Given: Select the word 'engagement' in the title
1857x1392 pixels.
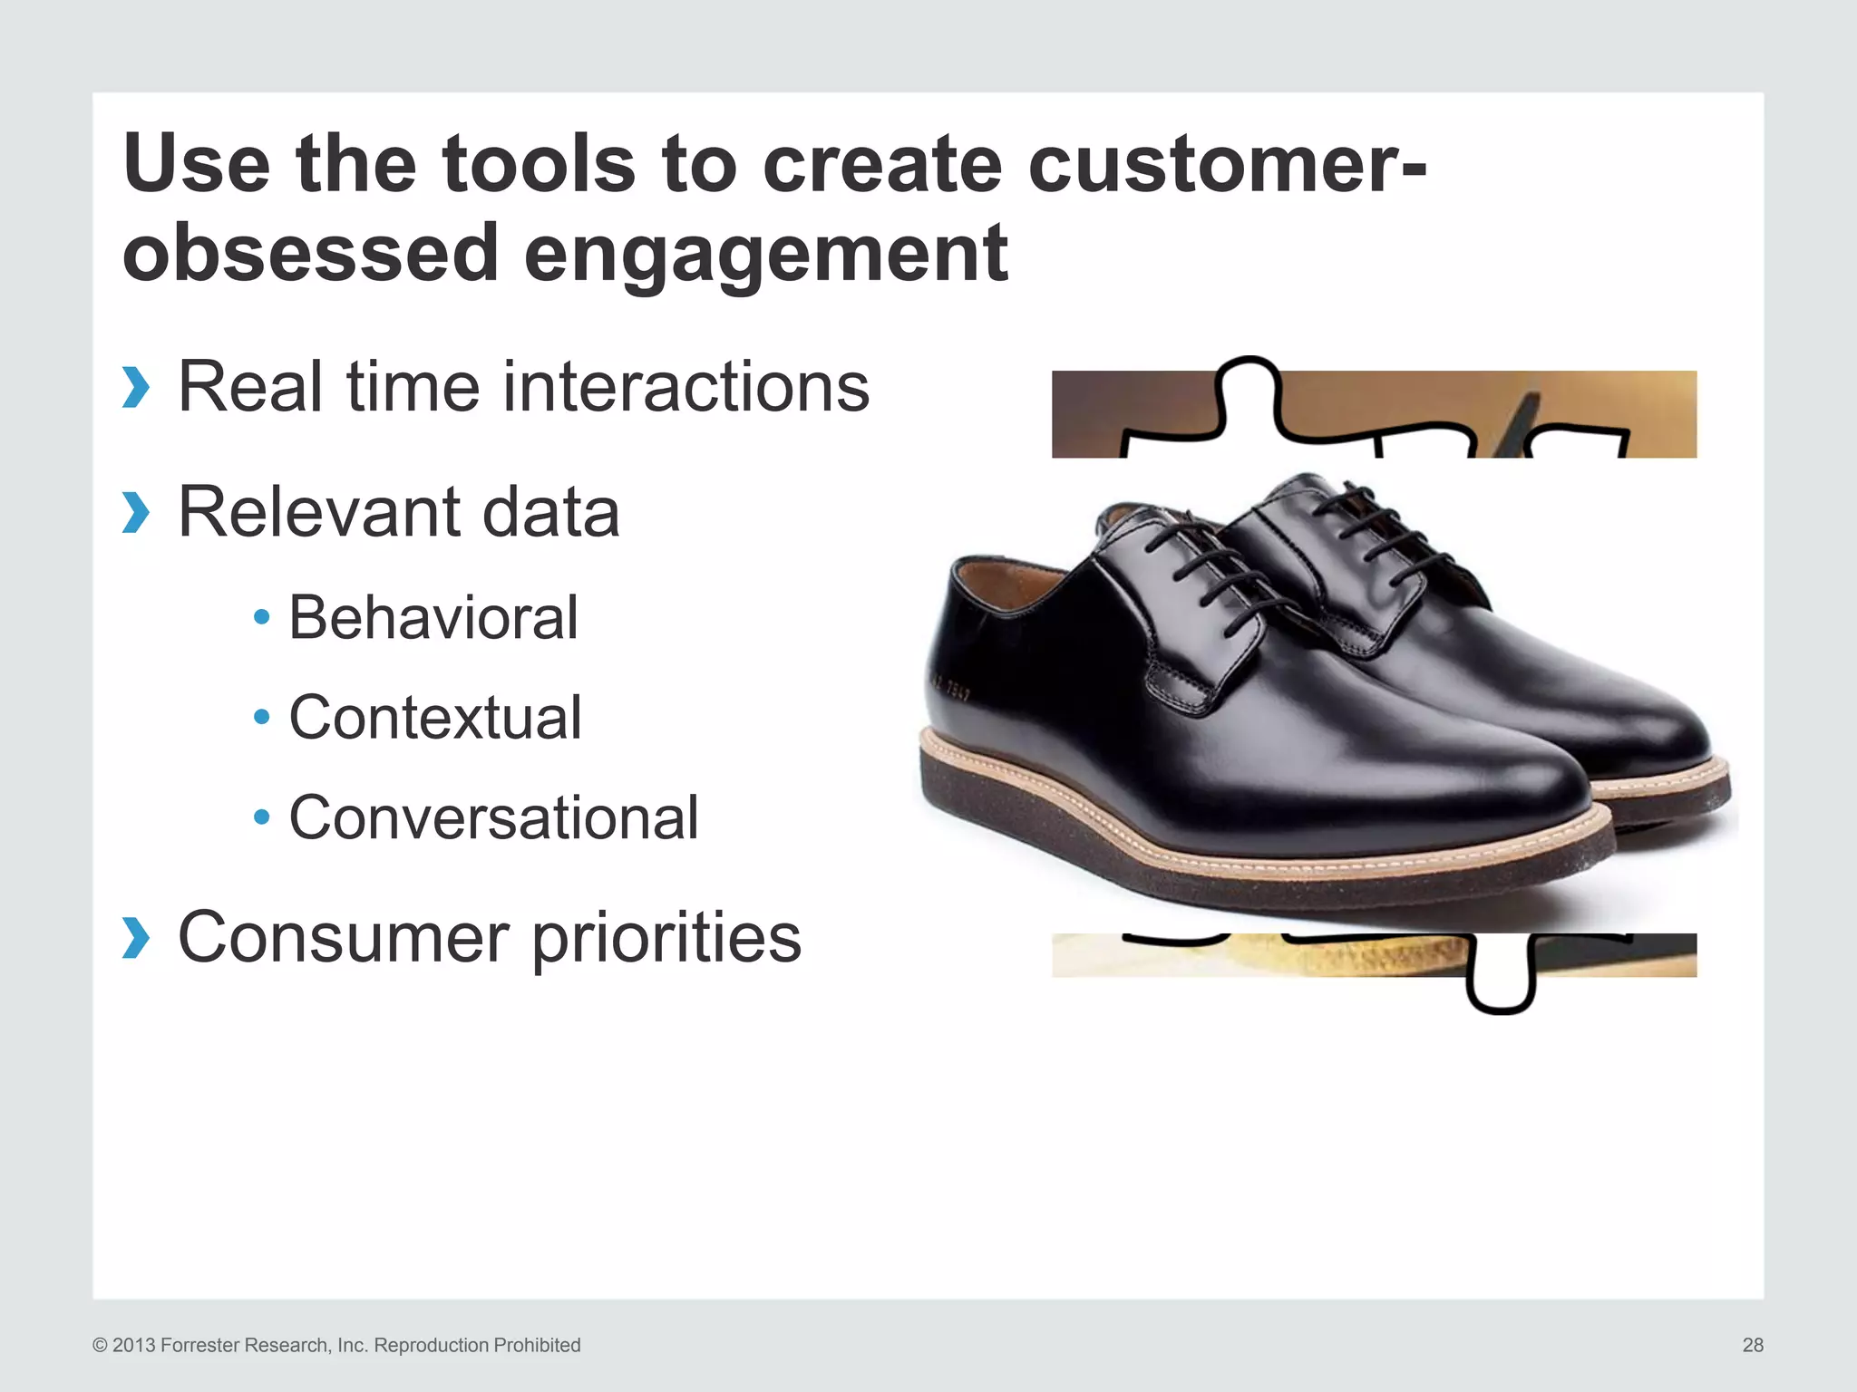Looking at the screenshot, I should click(765, 255).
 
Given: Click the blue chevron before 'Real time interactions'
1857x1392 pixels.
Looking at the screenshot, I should click(135, 388).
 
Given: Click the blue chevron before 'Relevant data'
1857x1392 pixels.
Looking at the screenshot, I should click(135, 513).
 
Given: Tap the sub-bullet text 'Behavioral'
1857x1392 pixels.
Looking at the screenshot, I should click(433, 618).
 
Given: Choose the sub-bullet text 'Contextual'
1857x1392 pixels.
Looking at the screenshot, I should click(434, 718).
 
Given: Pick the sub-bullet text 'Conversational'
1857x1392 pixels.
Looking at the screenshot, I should click(493, 817).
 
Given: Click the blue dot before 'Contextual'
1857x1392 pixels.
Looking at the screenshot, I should click(262, 718).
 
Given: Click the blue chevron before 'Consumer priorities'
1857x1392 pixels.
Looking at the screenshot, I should click(135, 937).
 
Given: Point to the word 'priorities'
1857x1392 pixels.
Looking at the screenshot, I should click(666, 939).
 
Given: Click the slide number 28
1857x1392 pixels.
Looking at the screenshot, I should click(1752, 1345).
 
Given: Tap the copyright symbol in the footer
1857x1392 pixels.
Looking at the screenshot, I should click(100, 1346).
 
